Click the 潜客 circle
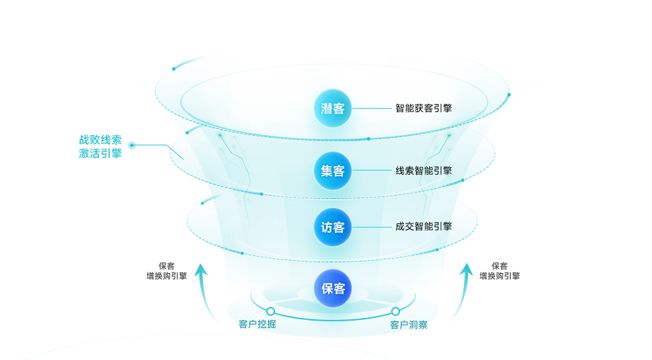click(333, 108)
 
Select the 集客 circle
click(333, 170)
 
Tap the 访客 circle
click(333, 227)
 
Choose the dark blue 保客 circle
click(333, 288)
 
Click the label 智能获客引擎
click(424, 108)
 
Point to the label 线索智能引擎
click(424, 170)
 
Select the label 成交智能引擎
click(424, 226)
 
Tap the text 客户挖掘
click(257, 324)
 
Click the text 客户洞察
click(408, 325)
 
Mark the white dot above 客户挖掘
click(270, 311)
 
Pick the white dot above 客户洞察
click(395, 311)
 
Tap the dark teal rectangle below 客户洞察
click(426, 343)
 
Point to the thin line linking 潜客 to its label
click(374, 108)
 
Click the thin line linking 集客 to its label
click(374, 170)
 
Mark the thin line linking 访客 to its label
click(374, 227)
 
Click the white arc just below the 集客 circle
click(333, 199)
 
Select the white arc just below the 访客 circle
click(333, 260)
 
